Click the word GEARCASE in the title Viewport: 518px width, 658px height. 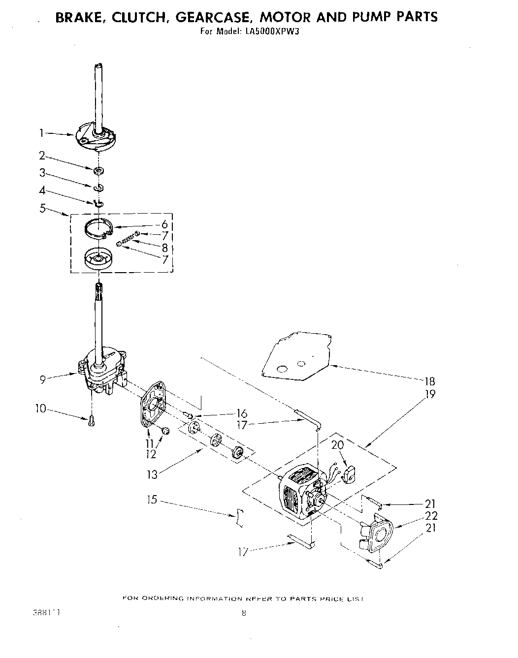click(x=213, y=17)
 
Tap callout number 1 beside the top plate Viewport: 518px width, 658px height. click(x=42, y=132)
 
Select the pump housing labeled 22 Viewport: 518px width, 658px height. click(x=377, y=533)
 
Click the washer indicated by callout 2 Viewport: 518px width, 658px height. click(x=98, y=171)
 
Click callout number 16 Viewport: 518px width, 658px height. click(x=241, y=413)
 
